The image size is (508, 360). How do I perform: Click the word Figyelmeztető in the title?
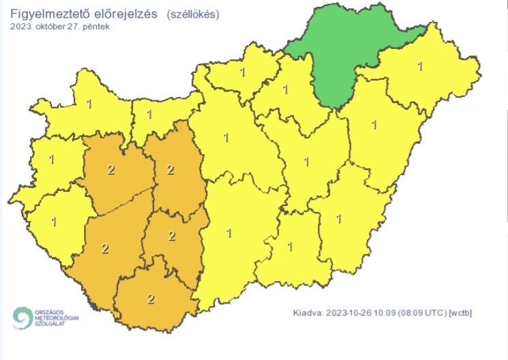[47, 14]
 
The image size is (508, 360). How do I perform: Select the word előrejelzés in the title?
[123, 14]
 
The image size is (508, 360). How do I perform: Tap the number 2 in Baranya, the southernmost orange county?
[150, 298]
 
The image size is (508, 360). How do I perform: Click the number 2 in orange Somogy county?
[104, 248]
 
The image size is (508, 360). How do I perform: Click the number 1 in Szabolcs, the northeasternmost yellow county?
[419, 66]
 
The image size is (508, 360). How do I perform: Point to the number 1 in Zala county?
[53, 222]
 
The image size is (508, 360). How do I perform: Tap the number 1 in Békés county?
[339, 218]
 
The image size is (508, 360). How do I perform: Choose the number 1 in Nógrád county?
[243, 70]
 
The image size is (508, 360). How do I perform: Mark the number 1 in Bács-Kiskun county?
[228, 233]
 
